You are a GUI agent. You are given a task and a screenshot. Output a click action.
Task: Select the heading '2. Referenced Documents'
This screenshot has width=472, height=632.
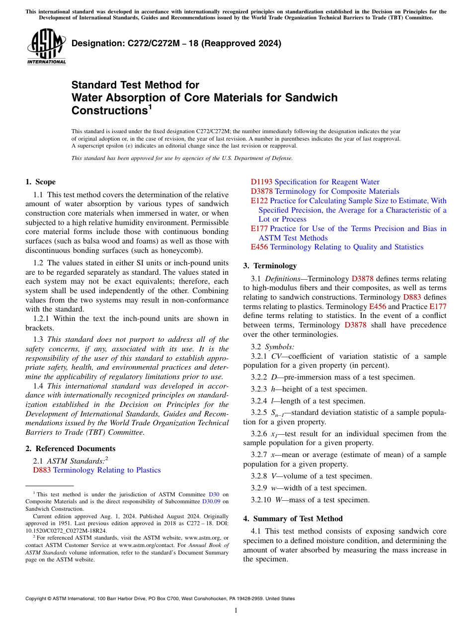[70, 449]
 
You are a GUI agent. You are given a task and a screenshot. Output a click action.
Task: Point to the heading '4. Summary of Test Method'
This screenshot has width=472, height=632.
[293, 519]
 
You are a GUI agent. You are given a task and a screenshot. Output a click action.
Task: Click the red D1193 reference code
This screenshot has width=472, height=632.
[261, 182]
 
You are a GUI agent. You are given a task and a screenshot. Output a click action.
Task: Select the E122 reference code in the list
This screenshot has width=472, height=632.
[259, 201]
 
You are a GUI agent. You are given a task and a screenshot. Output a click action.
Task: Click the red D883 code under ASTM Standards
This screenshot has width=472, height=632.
[42, 470]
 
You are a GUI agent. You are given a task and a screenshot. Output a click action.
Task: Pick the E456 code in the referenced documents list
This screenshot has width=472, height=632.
[259, 247]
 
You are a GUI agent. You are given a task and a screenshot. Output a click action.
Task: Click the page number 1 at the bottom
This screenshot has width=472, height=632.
[236, 611]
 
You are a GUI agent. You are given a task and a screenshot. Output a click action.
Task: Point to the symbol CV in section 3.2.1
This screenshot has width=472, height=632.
[276, 356]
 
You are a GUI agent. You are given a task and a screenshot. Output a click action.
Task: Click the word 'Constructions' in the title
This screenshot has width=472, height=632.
[107, 111]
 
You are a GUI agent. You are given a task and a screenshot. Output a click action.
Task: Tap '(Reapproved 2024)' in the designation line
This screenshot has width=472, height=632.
[243, 43]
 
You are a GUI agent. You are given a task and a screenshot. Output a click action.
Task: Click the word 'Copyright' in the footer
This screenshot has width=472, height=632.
[37, 599]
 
